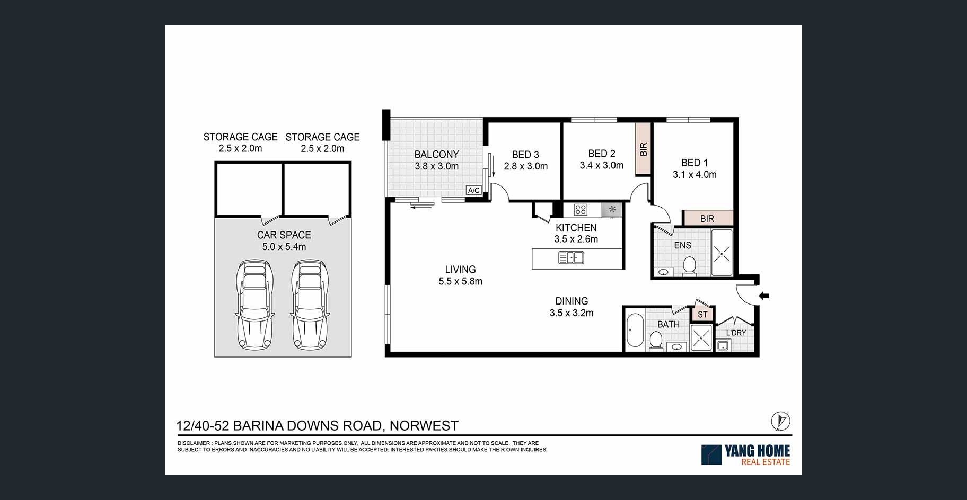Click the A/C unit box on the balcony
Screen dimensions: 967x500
pyautogui.click(x=473, y=190)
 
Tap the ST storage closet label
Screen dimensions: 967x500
pyautogui.click(x=702, y=314)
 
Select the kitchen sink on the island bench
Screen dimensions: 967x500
pyautogui.click(x=571, y=258)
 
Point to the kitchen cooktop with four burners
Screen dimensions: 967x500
pyautogui.click(x=581, y=210)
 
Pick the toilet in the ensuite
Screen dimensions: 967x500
pyautogui.click(x=690, y=266)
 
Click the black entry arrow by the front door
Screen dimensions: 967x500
pyautogui.click(x=764, y=296)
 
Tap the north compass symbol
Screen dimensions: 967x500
pyautogui.click(x=780, y=422)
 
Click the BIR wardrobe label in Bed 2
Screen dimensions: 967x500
pyautogui.click(x=644, y=149)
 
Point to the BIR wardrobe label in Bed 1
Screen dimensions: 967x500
pyautogui.click(x=707, y=218)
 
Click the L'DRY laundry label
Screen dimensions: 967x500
pyautogui.click(x=736, y=333)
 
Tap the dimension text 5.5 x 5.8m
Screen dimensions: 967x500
pyautogui.click(x=460, y=281)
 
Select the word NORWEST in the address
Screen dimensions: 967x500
pyautogui.click(x=424, y=425)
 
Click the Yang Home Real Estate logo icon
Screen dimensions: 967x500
pyautogui.click(x=711, y=454)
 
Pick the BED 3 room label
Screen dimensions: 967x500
pyautogui.click(x=525, y=155)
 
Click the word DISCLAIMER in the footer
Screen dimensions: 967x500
pyautogui.click(x=194, y=443)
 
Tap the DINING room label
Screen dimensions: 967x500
pyautogui.click(x=572, y=301)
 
